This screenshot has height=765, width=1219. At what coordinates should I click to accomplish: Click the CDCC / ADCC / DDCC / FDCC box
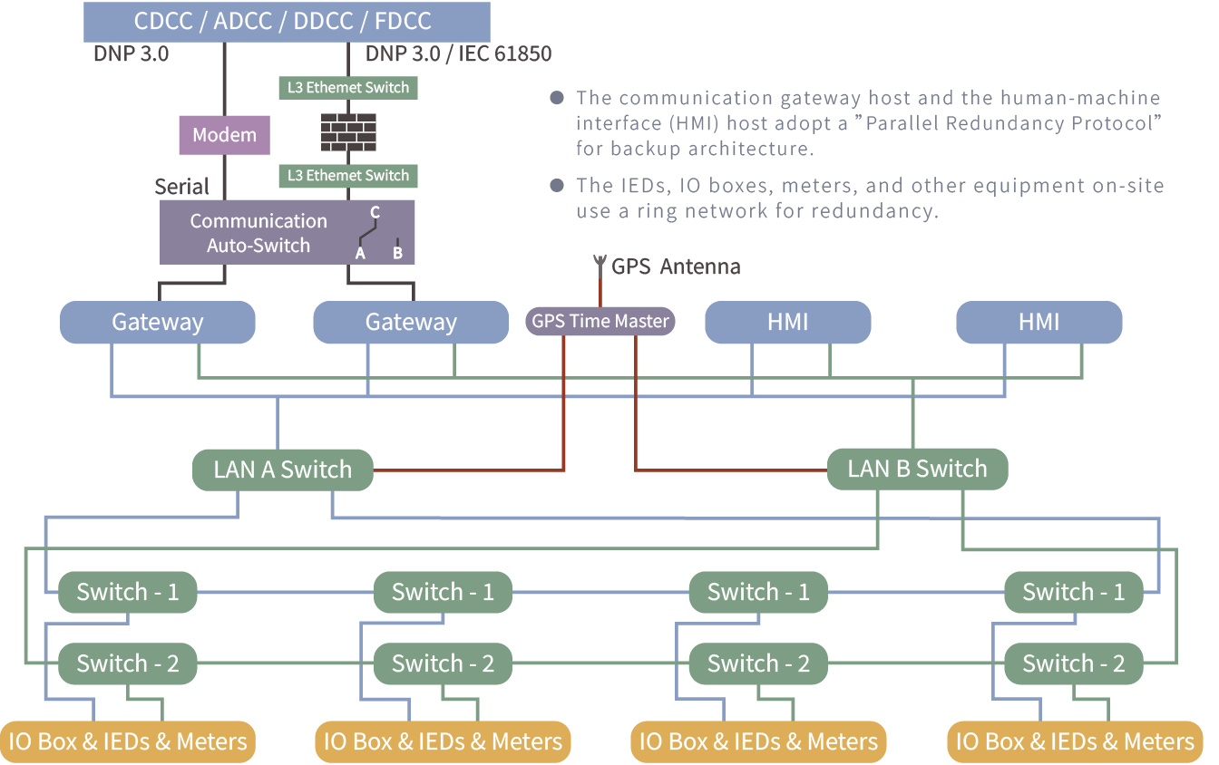pos(287,22)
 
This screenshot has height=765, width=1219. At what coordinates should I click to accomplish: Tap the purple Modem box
pos(224,135)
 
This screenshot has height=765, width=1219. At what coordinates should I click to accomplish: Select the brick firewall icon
pos(348,132)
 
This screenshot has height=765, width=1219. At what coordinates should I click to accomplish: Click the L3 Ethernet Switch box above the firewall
pos(348,88)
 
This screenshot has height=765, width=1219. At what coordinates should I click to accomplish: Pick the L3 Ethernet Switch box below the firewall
pos(348,176)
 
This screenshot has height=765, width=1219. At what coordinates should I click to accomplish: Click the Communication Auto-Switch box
pos(287,233)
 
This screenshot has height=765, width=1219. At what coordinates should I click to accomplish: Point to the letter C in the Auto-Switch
pos(375,212)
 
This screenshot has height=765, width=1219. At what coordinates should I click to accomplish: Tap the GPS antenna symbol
pos(600,264)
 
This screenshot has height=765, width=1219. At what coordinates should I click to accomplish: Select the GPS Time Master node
pos(600,321)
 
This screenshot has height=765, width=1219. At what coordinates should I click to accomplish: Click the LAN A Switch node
pos(282,470)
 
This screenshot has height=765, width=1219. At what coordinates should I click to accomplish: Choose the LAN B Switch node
pos(918,469)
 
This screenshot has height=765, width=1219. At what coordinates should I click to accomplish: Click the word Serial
pos(181,187)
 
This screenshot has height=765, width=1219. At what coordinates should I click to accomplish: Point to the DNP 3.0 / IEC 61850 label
pos(458,53)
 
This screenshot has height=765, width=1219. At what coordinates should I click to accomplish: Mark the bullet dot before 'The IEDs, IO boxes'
pos(557,186)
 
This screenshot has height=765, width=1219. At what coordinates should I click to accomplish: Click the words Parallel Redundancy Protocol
pos(1009,123)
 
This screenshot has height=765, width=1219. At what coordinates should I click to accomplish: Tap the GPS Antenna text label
pos(676,267)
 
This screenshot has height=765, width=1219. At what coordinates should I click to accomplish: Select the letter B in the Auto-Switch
pos(398,253)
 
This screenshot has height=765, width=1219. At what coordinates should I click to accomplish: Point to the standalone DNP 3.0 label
pos(132,53)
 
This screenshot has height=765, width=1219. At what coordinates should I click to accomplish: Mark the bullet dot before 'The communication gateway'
pos(557,98)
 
